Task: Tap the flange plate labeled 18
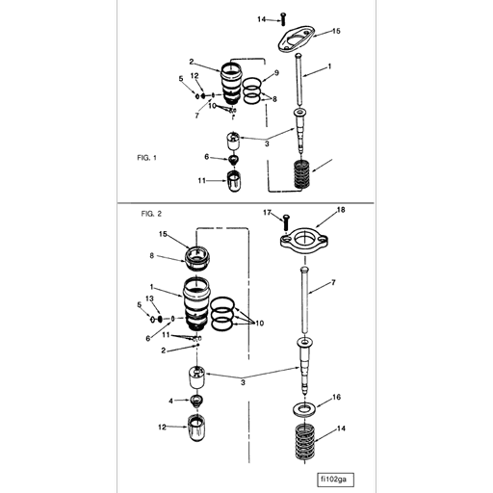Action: coord(305,240)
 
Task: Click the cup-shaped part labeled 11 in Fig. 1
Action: coord(234,179)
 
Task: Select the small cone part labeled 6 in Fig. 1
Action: coord(233,157)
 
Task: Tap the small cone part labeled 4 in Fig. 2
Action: coord(198,400)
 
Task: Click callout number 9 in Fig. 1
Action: coord(276,73)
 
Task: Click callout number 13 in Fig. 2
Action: coord(149,298)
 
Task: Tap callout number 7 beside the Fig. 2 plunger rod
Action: coord(332,282)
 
